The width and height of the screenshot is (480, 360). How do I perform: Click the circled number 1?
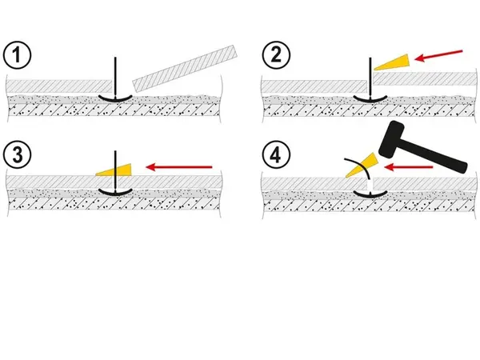click(17, 55)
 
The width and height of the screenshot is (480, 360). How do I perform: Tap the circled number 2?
click(276, 55)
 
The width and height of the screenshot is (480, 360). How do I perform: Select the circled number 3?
click(17, 154)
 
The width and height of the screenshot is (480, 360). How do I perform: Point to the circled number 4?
click(276, 155)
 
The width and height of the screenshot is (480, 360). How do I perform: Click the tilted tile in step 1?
click(185, 69)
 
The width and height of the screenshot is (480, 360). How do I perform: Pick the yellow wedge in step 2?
click(392, 62)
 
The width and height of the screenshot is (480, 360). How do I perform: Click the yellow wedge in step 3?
click(114, 170)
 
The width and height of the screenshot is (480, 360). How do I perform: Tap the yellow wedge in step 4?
click(362, 165)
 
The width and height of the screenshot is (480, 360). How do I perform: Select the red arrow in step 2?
click(438, 56)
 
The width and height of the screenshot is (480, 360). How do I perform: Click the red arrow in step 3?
click(179, 167)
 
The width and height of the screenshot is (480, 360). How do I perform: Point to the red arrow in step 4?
click(408, 167)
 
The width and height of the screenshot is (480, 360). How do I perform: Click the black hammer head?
click(392, 139)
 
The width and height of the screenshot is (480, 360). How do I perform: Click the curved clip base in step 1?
click(115, 98)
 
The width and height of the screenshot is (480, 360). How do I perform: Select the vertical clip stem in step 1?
click(115, 76)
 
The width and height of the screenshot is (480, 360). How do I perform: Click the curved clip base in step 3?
click(115, 192)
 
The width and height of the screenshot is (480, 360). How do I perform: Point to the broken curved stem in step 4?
click(358, 168)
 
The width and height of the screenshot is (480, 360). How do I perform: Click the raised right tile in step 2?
click(426, 79)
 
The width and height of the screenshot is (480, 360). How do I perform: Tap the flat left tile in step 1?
click(59, 86)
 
